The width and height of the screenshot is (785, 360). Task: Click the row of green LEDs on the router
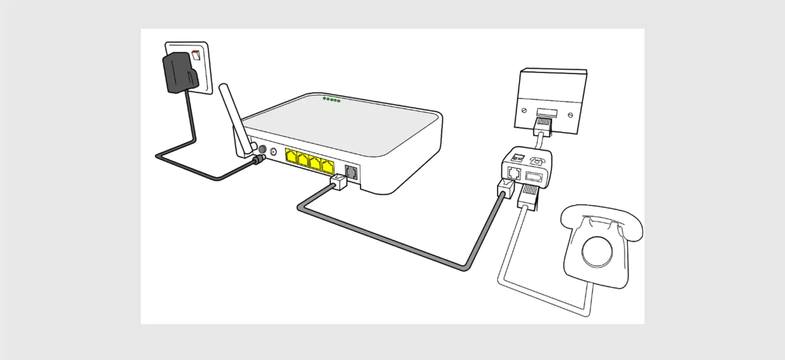click(331, 100)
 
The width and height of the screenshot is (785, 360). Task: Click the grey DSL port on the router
click(351, 172)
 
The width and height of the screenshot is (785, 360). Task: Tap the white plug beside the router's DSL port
click(339, 182)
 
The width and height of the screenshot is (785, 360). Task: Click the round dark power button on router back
click(261, 149)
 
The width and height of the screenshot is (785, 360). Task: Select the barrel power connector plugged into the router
click(258, 161)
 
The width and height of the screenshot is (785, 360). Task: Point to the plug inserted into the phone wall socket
click(543, 126)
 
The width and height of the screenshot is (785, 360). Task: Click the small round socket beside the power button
click(273, 152)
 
